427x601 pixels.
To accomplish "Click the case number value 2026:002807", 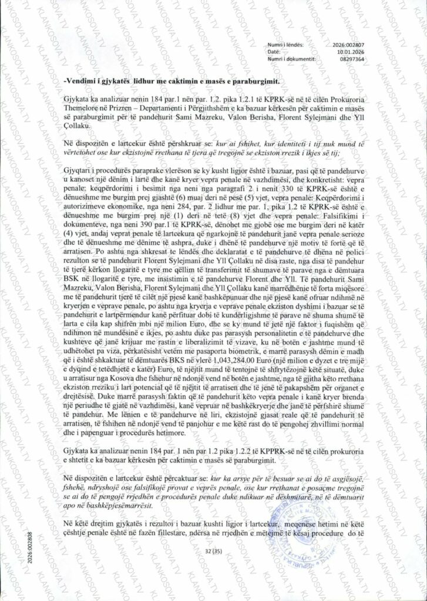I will (349, 45).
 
